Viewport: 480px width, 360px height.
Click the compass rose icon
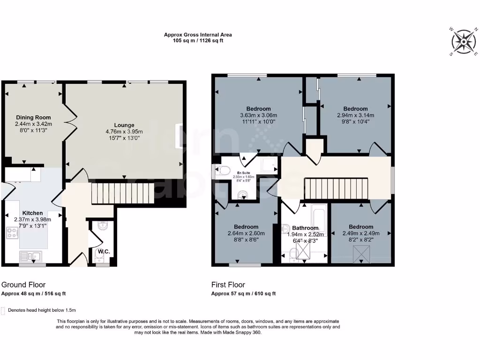click(464, 41)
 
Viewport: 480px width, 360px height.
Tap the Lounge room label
click(124, 125)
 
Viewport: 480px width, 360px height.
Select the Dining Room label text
click(33, 118)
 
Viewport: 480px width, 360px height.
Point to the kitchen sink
click(31, 256)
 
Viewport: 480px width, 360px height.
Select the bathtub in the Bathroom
click(319, 220)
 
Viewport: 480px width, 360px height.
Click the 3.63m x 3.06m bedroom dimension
click(258, 115)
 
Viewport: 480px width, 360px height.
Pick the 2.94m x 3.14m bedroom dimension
click(355, 115)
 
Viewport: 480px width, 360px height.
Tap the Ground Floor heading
click(23, 285)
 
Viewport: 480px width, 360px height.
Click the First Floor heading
click(228, 285)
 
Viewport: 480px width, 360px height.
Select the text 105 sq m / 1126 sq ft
click(198, 41)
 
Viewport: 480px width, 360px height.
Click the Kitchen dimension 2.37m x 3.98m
click(31, 219)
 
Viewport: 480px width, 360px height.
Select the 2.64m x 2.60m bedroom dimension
click(246, 233)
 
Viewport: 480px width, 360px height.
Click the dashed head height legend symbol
click(4, 310)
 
